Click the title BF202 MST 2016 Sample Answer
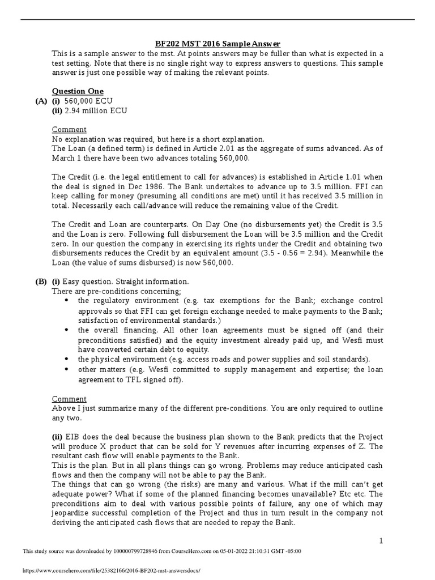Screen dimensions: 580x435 coord(218,44)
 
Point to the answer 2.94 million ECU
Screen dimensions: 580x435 coord(96,110)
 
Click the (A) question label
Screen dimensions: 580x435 coord(41,101)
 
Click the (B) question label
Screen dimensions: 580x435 coord(41,282)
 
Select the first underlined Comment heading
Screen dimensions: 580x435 coord(69,130)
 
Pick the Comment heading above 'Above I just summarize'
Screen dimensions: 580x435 coord(69,399)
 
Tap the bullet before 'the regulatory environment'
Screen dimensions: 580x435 coord(67,300)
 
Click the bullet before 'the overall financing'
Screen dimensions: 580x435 coord(67,330)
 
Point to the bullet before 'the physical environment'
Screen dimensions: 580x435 coord(67,359)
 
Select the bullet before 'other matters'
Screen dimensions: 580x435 coord(67,369)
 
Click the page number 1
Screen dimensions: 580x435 coord(381,541)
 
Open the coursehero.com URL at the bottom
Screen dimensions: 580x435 coord(112,571)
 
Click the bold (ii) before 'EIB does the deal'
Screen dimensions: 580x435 coord(57,437)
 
